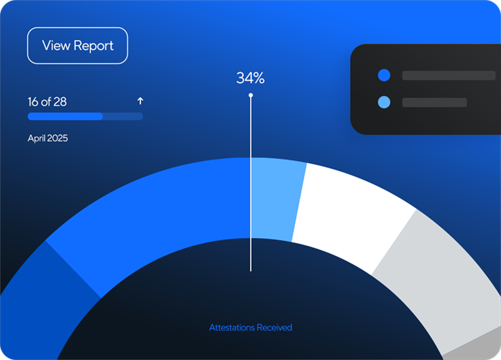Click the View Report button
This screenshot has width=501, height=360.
click(x=77, y=46)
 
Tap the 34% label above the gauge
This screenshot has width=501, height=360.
click(x=250, y=78)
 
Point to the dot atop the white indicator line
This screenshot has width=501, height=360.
click(x=251, y=95)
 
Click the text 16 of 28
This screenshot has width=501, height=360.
click(x=47, y=102)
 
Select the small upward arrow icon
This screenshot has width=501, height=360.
click(x=140, y=101)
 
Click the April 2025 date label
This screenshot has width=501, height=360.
click(x=48, y=139)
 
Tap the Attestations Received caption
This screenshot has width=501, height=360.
click(x=250, y=327)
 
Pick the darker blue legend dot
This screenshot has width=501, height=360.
click(x=384, y=76)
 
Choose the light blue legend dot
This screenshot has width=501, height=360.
click(x=384, y=102)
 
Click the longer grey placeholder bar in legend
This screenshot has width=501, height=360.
click(x=448, y=76)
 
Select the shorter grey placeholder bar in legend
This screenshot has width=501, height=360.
click(x=434, y=102)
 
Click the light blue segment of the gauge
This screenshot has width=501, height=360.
click(x=277, y=199)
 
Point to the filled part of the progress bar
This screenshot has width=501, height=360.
click(x=65, y=116)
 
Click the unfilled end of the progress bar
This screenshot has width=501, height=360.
click(x=123, y=116)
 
